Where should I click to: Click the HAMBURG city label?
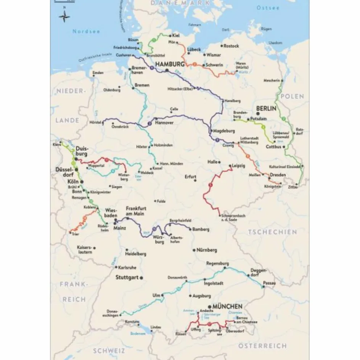[170, 64]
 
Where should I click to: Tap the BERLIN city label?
[266, 109]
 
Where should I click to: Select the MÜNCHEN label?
[227, 306]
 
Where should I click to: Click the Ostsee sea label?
[268, 8]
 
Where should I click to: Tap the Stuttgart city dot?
[141, 278]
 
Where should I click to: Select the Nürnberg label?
[207, 250]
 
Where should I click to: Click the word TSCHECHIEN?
[272, 232]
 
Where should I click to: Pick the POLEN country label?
[292, 96]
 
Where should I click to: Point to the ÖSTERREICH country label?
[262, 346]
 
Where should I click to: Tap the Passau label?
[269, 283]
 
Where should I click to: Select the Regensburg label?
[217, 264]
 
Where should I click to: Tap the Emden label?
[98, 73]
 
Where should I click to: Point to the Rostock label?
[231, 46]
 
